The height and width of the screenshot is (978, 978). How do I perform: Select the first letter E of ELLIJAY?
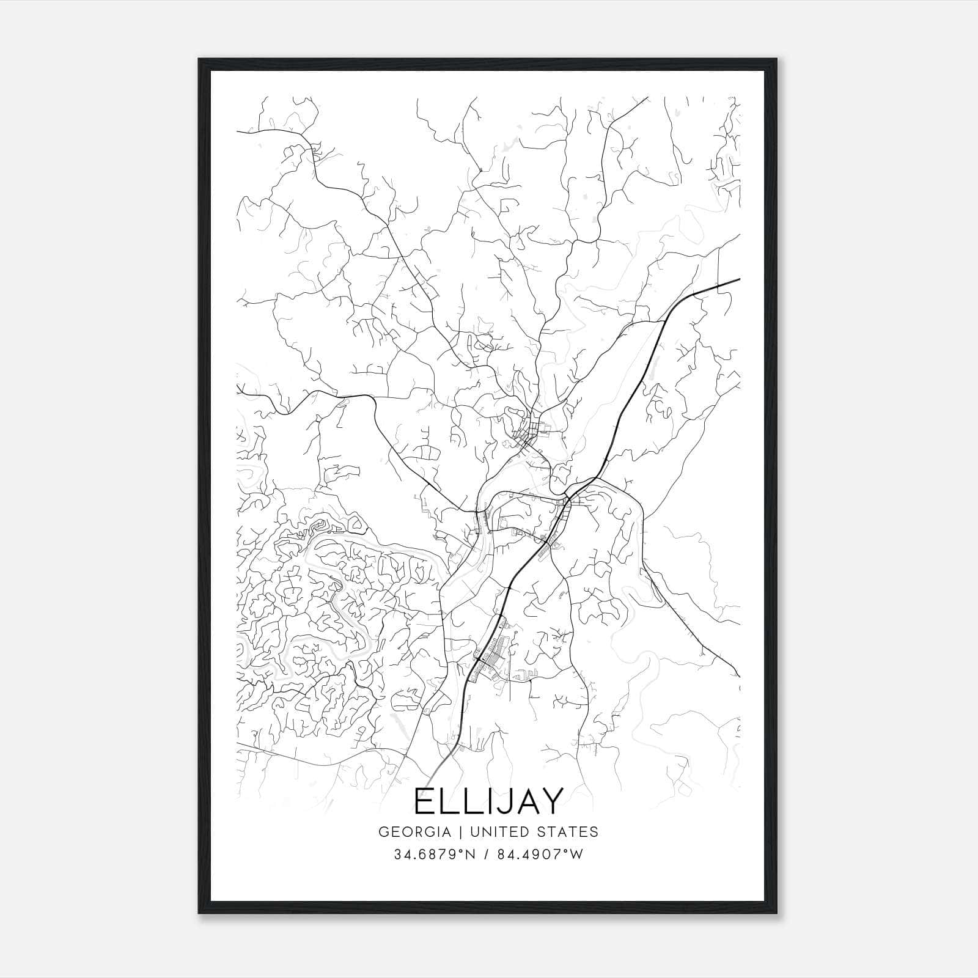pyautogui.click(x=425, y=801)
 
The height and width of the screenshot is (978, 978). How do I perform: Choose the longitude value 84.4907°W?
pyautogui.click(x=540, y=855)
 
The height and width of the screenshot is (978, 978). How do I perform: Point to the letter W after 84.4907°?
pyautogui.click(x=577, y=855)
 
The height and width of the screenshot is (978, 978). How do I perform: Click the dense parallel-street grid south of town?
pyautogui.click(x=496, y=649)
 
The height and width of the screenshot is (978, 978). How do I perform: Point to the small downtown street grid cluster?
pyautogui.click(x=529, y=432)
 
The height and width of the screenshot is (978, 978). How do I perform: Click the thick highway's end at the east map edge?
pyautogui.click(x=738, y=279)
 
